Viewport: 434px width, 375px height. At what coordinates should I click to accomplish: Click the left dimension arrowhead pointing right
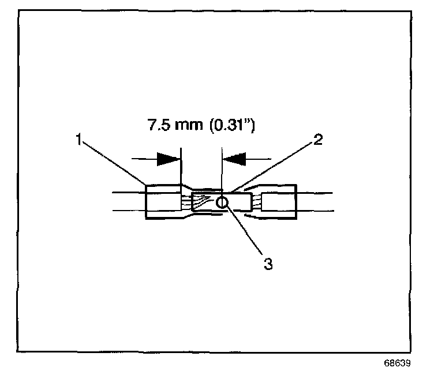coord(168,157)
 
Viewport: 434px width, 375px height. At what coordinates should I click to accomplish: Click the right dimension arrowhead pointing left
coord(235,157)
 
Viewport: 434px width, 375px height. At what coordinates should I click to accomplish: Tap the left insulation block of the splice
coord(163,202)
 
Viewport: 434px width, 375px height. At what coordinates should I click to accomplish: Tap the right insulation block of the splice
coord(279,202)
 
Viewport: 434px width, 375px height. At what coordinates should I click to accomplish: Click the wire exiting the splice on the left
coord(127,202)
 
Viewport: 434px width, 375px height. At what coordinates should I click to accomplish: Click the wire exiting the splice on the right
coord(315,202)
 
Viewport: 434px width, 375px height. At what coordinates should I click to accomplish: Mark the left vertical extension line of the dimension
coord(181,167)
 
